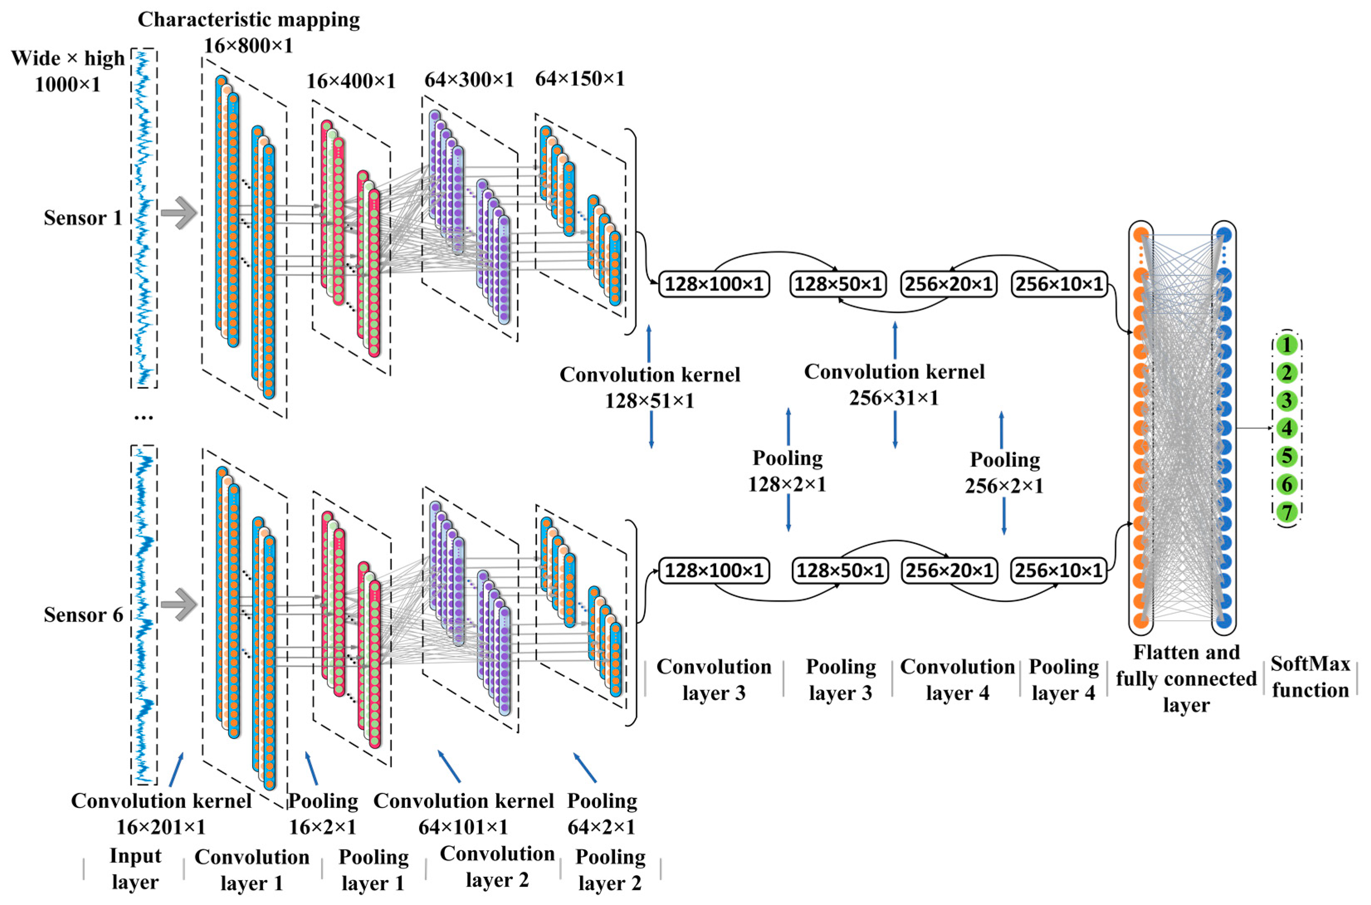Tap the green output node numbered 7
point(1286,512)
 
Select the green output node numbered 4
point(1286,428)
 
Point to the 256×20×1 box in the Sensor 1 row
point(949,284)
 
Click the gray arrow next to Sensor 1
point(179,213)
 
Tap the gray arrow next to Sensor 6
point(179,604)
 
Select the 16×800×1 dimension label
point(248,46)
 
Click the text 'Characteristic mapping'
point(249,20)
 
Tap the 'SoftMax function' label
point(1310,677)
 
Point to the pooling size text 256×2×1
point(1004,486)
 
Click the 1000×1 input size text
point(68,85)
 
